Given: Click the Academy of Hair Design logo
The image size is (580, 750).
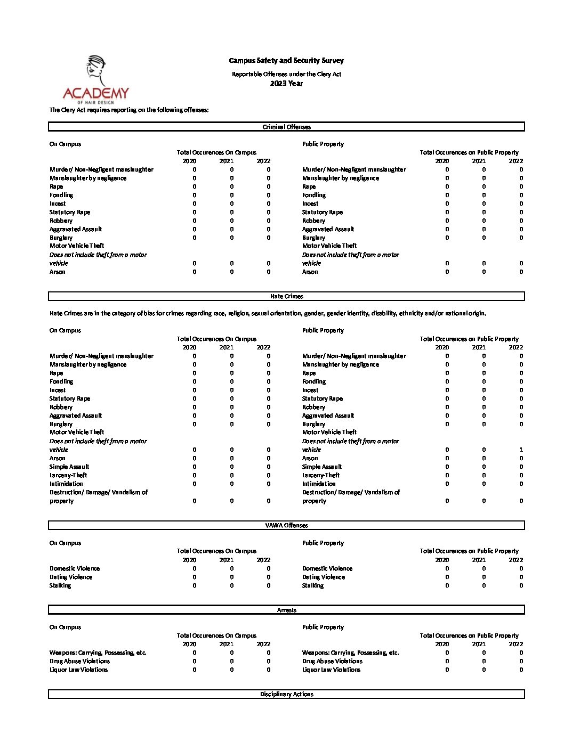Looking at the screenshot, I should (96, 80).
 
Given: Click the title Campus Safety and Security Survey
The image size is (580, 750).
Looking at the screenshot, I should (286, 61).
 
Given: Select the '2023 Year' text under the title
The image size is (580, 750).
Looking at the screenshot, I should (286, 83).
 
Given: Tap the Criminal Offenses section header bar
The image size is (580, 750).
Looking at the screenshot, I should (286, 127).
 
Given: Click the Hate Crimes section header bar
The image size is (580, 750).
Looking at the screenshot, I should (286, 296).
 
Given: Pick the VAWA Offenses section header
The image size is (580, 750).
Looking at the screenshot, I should (286, 525).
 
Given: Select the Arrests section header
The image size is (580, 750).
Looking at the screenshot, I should (286, 610).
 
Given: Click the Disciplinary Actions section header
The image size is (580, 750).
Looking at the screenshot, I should (286, 694).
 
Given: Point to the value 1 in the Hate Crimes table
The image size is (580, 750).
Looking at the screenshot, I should (521, 450).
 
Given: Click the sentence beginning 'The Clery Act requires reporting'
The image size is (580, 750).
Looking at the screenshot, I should (129, 110).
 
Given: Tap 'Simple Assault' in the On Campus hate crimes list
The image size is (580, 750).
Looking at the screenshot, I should (69, 467).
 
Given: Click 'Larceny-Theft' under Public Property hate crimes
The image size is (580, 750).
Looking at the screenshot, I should (321, 475).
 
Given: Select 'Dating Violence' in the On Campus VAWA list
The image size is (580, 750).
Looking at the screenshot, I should (71, 577).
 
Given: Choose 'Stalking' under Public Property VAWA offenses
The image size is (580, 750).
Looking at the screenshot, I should (313, 585).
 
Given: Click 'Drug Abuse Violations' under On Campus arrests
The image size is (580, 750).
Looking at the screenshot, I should (79, 661).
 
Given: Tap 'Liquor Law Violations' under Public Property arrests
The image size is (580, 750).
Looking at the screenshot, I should (331, 670).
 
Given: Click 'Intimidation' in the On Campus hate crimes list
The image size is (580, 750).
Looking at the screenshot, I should (66, 484).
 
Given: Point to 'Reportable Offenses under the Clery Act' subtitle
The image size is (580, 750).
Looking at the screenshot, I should (286, 74).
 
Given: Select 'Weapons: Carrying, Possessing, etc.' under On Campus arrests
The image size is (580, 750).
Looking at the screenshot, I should (98, 653).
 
